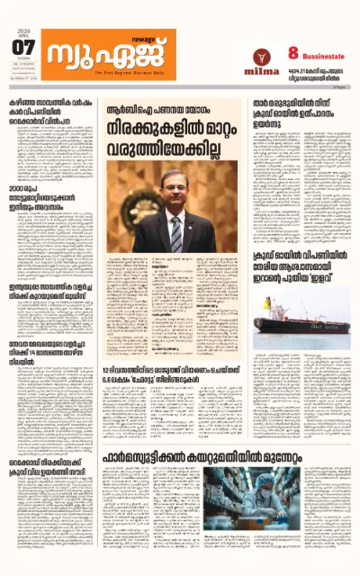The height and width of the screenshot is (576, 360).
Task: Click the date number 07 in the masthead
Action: pyautogui.click(x=23, y=47)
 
